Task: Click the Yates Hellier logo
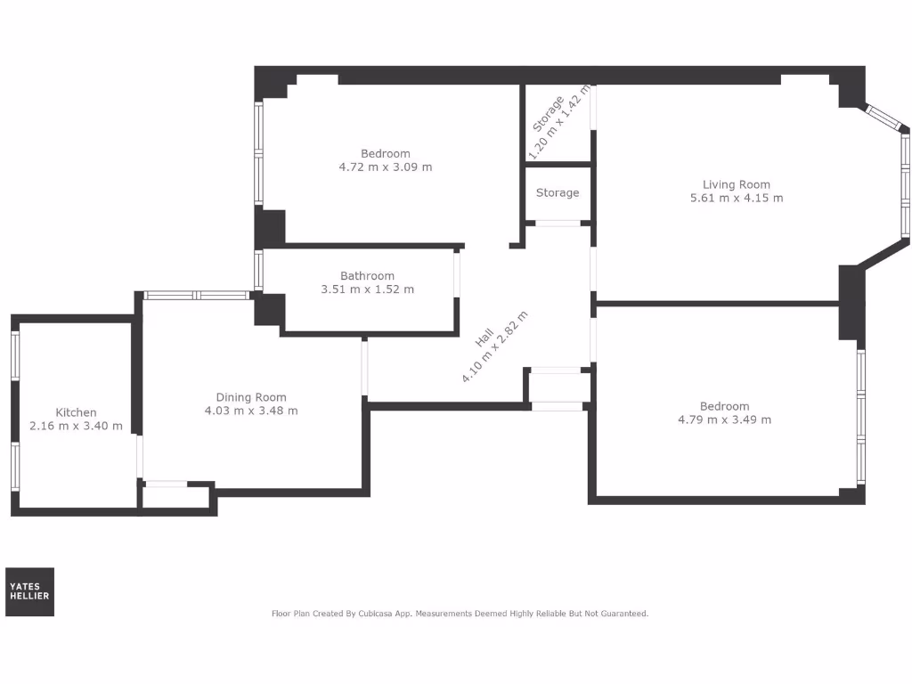pyautogui.click(x=29, y=591)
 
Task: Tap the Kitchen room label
pyautogui.click(x=76, y=412)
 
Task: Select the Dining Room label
pyautogui.click(x=251, y=397)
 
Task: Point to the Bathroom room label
pyautogui.click(x=367, y=276)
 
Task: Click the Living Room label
pyautogui.click(x=736, y=184)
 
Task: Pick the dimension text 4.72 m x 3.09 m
pyautogui.click(x=385, y=167)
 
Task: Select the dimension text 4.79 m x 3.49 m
pyautogui.click(x=724, y=419)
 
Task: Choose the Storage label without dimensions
pyautogui.click(x=558, y=192)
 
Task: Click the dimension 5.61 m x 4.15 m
pyautogui.click(x=736, y=198)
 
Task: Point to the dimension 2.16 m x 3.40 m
pyautogui.click(x=76, y=426)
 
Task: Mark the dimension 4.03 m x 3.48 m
pyautogui.click(x=251, y=411)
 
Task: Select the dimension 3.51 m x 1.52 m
pyautogui.click(x=367, y=289)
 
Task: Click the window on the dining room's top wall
pyautogui.click(x=198, y=295)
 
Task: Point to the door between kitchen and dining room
pyautogui.click(x=140, y=457)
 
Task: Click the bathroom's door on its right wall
pyautogui.click(x=458, y=273)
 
